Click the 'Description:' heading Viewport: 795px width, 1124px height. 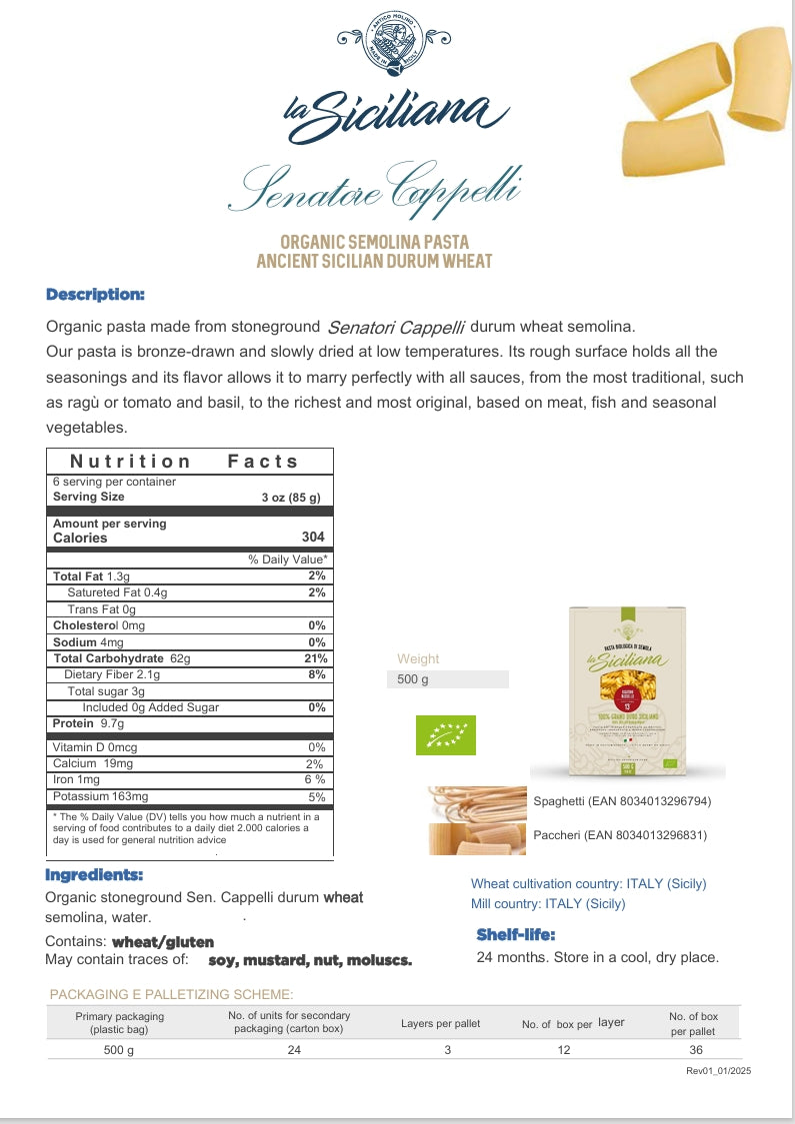pyautogui.click(x=96, y=294)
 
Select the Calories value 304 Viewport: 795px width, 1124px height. pyautogui.click(x=312, y=538)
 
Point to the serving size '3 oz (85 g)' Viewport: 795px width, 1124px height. pyautogui.click(x=291, y=497)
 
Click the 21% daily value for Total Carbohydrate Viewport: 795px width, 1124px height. pyautogui.click(x=315, y=658)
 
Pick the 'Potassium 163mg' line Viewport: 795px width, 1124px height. pyautogui.click(x=100, y=796)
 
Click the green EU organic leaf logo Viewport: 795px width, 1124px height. pyautogui.click(x=446, y=734)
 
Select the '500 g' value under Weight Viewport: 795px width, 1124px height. pyautogui.click(x=412, y=679)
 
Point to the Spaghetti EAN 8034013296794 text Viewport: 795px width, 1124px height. pyautogui.click(x=622, y=801)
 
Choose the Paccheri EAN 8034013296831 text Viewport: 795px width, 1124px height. pyautogui.click(x=620, y=834)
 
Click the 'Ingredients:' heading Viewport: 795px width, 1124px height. pyautogui.click(x=94, y=874)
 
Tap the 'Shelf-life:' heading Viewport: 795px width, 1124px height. pyautogui.click(x=515, y=934)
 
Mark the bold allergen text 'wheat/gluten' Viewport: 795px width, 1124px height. pyautogui.click(x=163, y=941)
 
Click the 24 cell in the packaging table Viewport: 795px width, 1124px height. pyautogui.click(x=294, y=1049)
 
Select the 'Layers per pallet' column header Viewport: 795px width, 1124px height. pyautogui.click(x=440, y=1023)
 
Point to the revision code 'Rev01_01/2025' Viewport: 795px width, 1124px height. pyautogui.click(x=718, y=1070)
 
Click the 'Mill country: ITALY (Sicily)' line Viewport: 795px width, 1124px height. pyautogui.click(x=548, y=903)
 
